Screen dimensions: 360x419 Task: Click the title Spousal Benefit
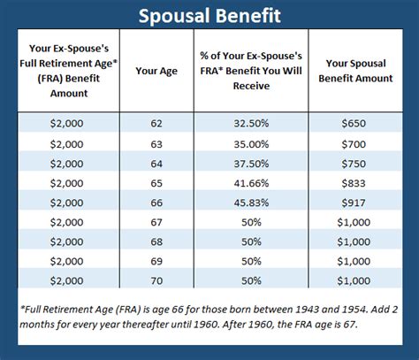[x=209, y=17]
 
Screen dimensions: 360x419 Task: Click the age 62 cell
[x=156, y=125]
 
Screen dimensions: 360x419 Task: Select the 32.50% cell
[x=251, y=125]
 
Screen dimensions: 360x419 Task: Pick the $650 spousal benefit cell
[x=359, y=125]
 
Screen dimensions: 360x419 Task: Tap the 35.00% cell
[x=251, y=144]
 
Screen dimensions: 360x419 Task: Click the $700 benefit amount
[x=359, y=144]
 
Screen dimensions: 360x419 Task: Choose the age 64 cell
[x=156, y=164]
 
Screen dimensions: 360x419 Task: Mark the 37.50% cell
[x=251, y=164]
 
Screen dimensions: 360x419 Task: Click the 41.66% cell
[x=251, y=183]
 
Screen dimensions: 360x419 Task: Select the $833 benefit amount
[x=359, y=183]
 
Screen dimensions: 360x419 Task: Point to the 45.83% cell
[x=251, y=203]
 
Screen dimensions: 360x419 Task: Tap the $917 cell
[x=359, y=203]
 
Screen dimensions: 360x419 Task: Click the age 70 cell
[x=156, y=280]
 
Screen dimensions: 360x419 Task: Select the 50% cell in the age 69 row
[x=251, y=261]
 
